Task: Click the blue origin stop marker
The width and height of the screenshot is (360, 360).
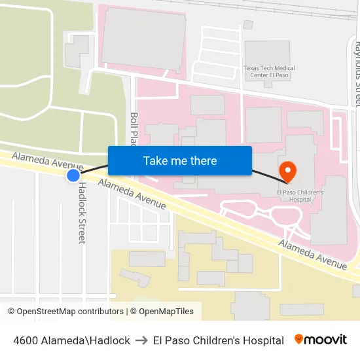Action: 73,175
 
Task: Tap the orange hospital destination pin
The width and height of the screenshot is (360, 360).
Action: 287,171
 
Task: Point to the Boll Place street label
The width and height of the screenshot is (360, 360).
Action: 134,128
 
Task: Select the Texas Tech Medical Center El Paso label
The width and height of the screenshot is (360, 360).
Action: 269,72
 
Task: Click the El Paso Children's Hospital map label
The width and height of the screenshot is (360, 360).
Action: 300,197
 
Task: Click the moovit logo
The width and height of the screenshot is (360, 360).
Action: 320,340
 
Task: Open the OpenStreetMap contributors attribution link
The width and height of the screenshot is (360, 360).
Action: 65,312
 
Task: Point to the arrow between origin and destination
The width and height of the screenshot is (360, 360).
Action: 141,340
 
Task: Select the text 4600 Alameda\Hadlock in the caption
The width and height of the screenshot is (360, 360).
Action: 71,340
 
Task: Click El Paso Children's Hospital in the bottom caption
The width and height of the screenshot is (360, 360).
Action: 219,340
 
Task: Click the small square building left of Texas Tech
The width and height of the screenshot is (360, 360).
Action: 248,25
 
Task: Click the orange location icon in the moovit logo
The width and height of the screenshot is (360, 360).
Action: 299,339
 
